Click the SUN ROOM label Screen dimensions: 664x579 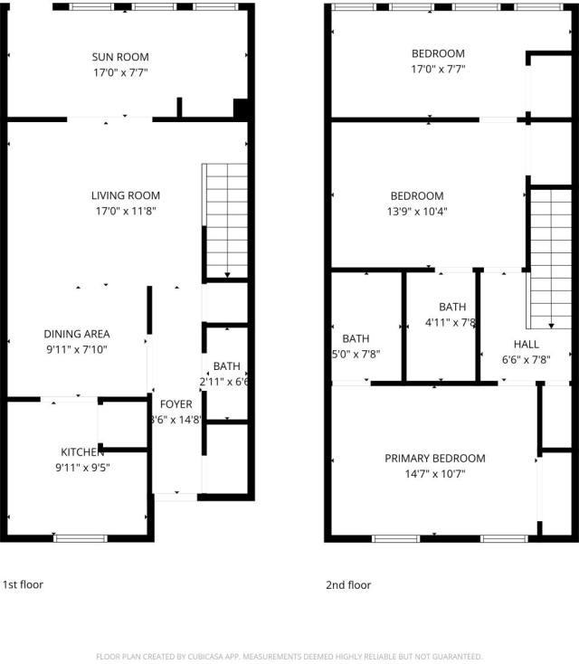point(126,57)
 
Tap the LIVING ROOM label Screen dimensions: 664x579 point(126,195)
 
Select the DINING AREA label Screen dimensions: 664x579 point(76,334)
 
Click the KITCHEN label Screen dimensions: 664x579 point(82,452)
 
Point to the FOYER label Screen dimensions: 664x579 point(176,404)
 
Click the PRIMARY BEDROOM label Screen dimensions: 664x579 point(435,459)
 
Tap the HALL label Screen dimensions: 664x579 point(526,345)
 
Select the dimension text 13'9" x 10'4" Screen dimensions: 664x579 point(417,212)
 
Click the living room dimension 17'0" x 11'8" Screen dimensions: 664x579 point(126,211)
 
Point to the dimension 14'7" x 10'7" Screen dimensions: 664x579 point(435,474)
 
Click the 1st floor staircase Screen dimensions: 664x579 point(225,220)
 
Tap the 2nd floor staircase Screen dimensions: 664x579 point(551,257)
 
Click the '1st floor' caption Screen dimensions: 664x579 point(23,584)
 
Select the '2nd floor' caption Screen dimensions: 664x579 point(348,585)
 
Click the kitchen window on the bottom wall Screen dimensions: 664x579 point(81,538)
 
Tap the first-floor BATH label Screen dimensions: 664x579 point(226,366)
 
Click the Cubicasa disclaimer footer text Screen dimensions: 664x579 point(289,657)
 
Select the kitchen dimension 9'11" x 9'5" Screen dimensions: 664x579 point(82,468)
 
